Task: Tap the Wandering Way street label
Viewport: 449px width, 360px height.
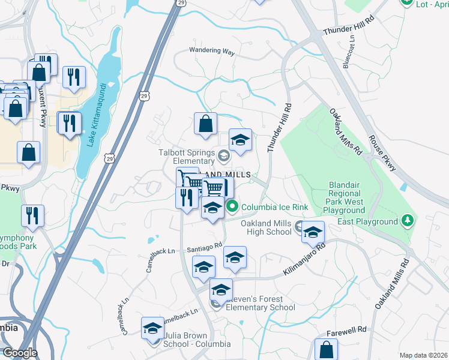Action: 212,52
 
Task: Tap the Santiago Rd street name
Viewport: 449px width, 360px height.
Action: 204,245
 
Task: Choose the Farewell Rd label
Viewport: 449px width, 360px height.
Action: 347,330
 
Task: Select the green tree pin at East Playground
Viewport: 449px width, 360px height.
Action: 408,221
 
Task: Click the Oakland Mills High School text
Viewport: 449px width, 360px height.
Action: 266,228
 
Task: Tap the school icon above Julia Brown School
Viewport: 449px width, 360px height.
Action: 152,328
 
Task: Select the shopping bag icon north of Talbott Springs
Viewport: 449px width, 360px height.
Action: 205,124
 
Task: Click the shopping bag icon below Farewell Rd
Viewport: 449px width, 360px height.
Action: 326,349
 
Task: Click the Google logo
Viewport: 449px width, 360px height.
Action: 19,353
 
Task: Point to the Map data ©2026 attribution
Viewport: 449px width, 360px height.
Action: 423,355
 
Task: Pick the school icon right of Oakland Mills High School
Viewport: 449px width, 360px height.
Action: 313,232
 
